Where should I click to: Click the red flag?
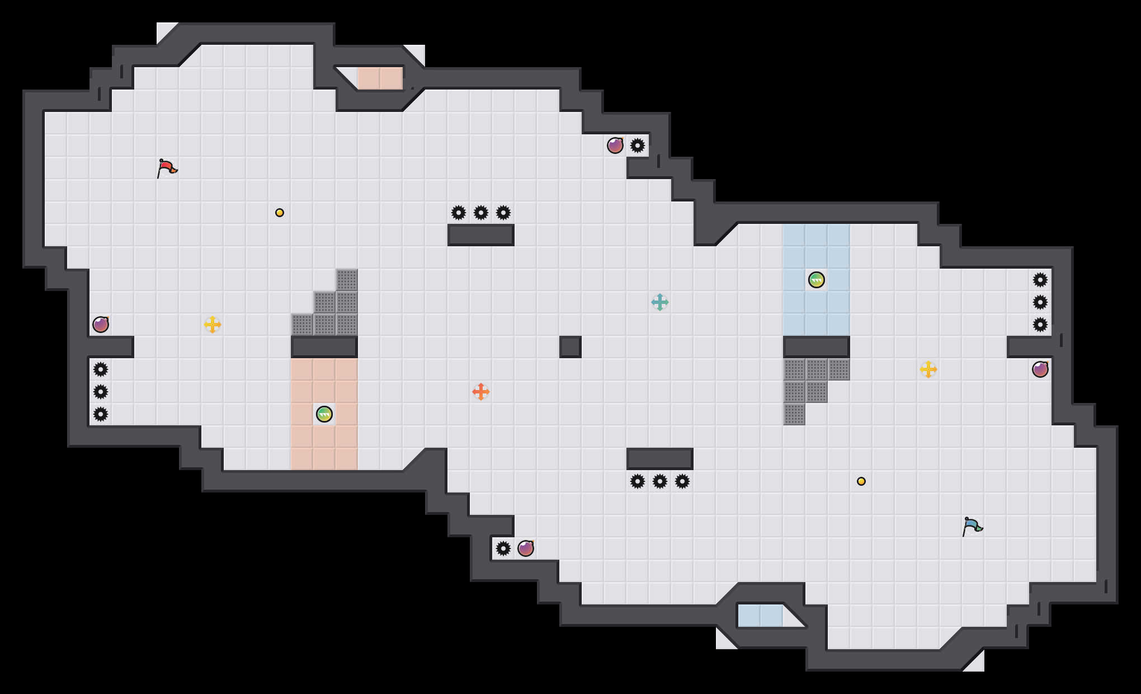pos(167,167)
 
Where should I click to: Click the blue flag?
pos(972,526)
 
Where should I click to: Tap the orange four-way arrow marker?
pos(481,392)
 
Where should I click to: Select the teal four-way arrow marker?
pos(660,302)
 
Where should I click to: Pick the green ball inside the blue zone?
pos(817,280)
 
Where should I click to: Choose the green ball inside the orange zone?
pos(324,414)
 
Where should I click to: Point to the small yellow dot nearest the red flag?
pos(280,213)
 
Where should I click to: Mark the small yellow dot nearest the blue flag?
pos(861,481)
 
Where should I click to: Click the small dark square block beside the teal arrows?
pos(570,347)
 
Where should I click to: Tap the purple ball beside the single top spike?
pos(615,146)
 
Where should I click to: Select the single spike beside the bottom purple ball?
pos(503,548)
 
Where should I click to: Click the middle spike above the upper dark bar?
pos(481,213)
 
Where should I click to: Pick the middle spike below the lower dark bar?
pos(660,481)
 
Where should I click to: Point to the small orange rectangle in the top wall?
pos(380,78)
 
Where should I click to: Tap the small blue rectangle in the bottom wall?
pos(760,616)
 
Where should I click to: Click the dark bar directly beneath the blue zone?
pos(817,347)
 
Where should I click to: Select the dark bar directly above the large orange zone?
pos(324,347)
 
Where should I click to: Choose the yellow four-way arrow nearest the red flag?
pos(213,325)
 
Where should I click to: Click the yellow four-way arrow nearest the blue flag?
pos(928,369)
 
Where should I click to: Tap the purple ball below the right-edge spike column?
pos(1040,369)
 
